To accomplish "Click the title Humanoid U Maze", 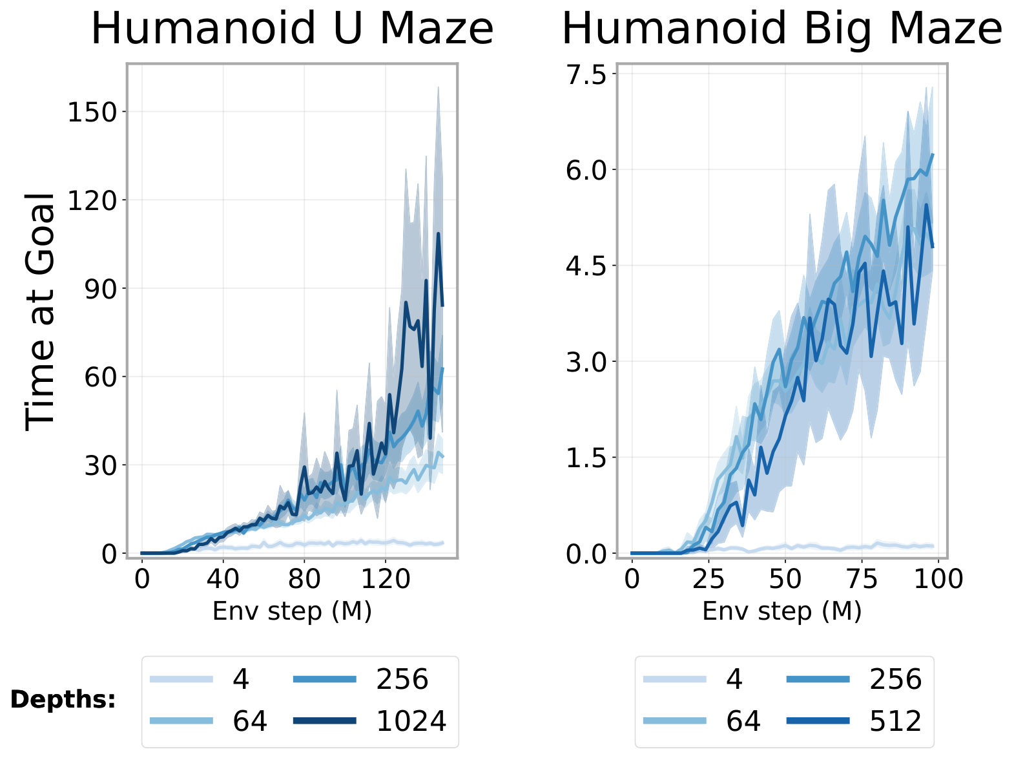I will (292, 29).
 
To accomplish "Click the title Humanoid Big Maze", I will (781, 29).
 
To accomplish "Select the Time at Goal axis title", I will (40, 310).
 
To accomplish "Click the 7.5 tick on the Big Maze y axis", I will (586, 75).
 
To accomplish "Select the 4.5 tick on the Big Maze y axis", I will (586, 266).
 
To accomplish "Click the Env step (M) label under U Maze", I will (292, 611).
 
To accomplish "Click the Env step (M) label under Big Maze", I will (781, 611).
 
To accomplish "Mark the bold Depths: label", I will (63, 700).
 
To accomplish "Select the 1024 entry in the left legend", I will (411, 721).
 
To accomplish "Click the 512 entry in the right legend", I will (895, 721).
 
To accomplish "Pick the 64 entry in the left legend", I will (250, 721).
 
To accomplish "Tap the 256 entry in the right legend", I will (895, 679).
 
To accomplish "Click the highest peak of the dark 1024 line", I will (438, 234).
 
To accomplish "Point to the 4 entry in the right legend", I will (734, 679).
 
